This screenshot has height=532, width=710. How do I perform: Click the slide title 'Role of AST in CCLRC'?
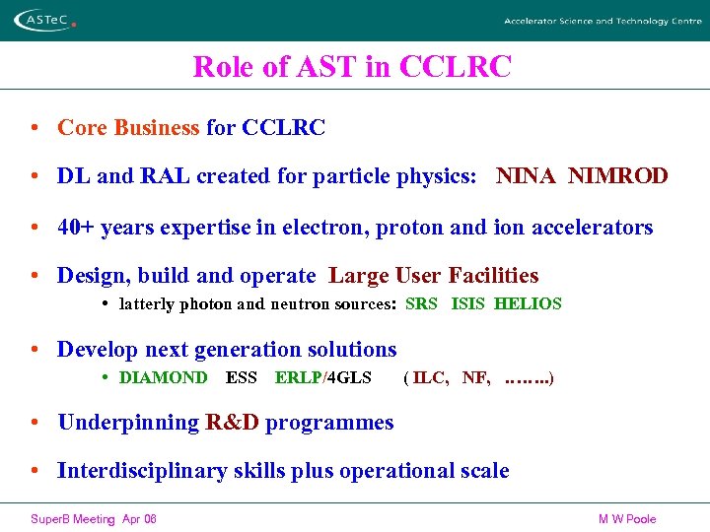pos(352,67)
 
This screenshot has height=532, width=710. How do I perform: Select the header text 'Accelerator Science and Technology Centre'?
pos(603,21)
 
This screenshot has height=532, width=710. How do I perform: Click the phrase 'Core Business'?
pos(128,127)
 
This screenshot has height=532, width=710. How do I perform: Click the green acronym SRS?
pos(421,304)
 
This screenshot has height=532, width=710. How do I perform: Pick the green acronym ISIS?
pos(467,304)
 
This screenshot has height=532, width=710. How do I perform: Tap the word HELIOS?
pos(528,304)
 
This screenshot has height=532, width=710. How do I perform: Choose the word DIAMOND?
pos(163,377)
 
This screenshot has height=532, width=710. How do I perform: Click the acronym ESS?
pos(241,377)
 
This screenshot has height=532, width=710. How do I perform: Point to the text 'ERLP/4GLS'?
pos(322,377)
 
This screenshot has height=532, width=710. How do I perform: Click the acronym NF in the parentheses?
pos(475,377)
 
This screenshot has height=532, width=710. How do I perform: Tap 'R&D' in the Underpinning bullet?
pos(232,423)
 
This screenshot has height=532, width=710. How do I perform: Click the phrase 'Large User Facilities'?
pos(434,276)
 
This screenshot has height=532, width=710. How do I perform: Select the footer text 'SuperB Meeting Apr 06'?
pos(94,519)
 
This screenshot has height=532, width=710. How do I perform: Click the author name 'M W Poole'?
pos(627,519)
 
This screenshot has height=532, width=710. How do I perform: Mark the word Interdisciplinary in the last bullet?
pos(142,471)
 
